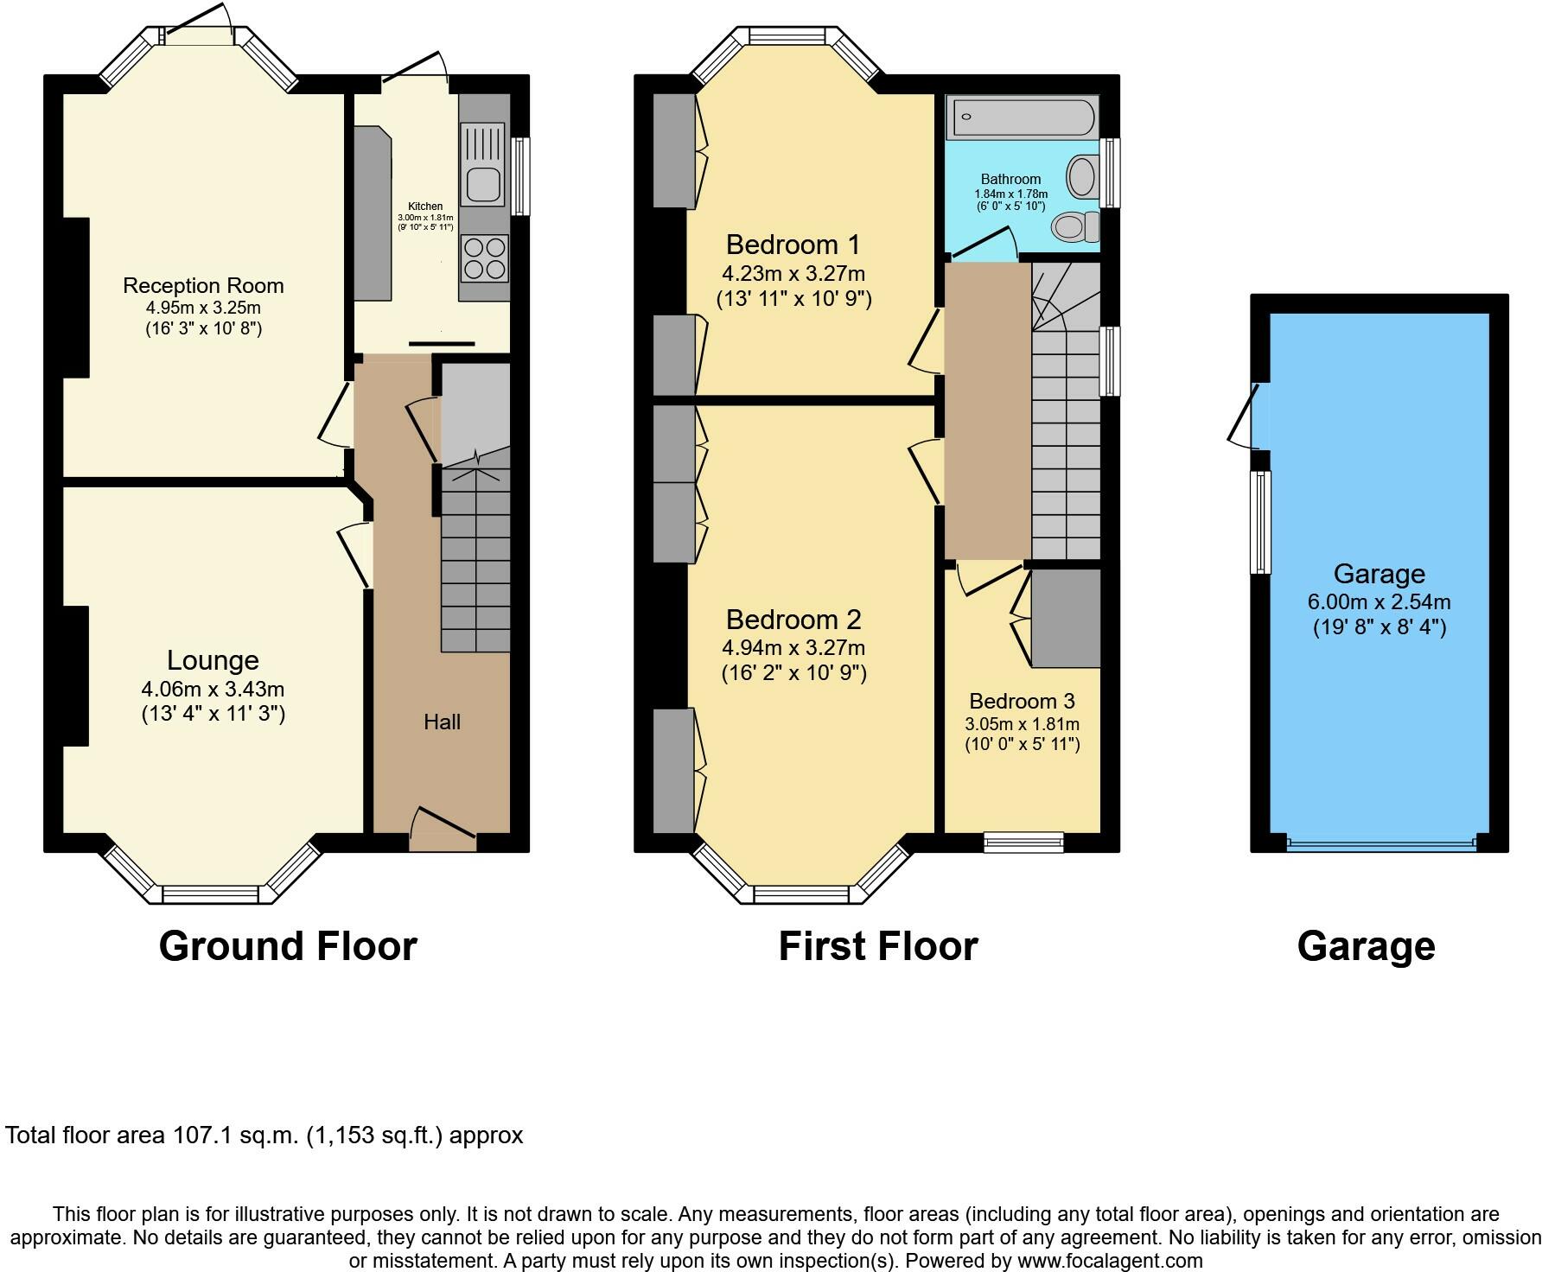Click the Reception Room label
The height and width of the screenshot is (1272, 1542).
[203, 285]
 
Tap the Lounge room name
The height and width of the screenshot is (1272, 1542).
[213, 660]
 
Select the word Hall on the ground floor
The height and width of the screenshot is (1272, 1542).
[442, 722]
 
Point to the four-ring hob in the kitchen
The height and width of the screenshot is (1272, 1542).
[485, 258]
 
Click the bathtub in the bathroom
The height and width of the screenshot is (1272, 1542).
[1022, 118]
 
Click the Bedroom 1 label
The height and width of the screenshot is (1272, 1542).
[793, 245]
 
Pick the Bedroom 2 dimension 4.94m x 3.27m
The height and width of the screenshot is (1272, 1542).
[793, 646]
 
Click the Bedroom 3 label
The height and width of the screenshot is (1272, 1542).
[1023, 701]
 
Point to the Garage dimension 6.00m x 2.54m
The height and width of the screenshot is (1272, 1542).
[1380, 601]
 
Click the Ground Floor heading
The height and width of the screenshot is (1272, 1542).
[288, 946]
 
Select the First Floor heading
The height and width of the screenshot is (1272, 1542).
[878, 946]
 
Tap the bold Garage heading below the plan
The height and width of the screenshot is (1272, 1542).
[1367, 946]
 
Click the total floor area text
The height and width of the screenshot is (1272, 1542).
[264, 1135]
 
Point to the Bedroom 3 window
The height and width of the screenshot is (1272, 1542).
[1024, 843]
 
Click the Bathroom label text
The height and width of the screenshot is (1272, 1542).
[1010, 179]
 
